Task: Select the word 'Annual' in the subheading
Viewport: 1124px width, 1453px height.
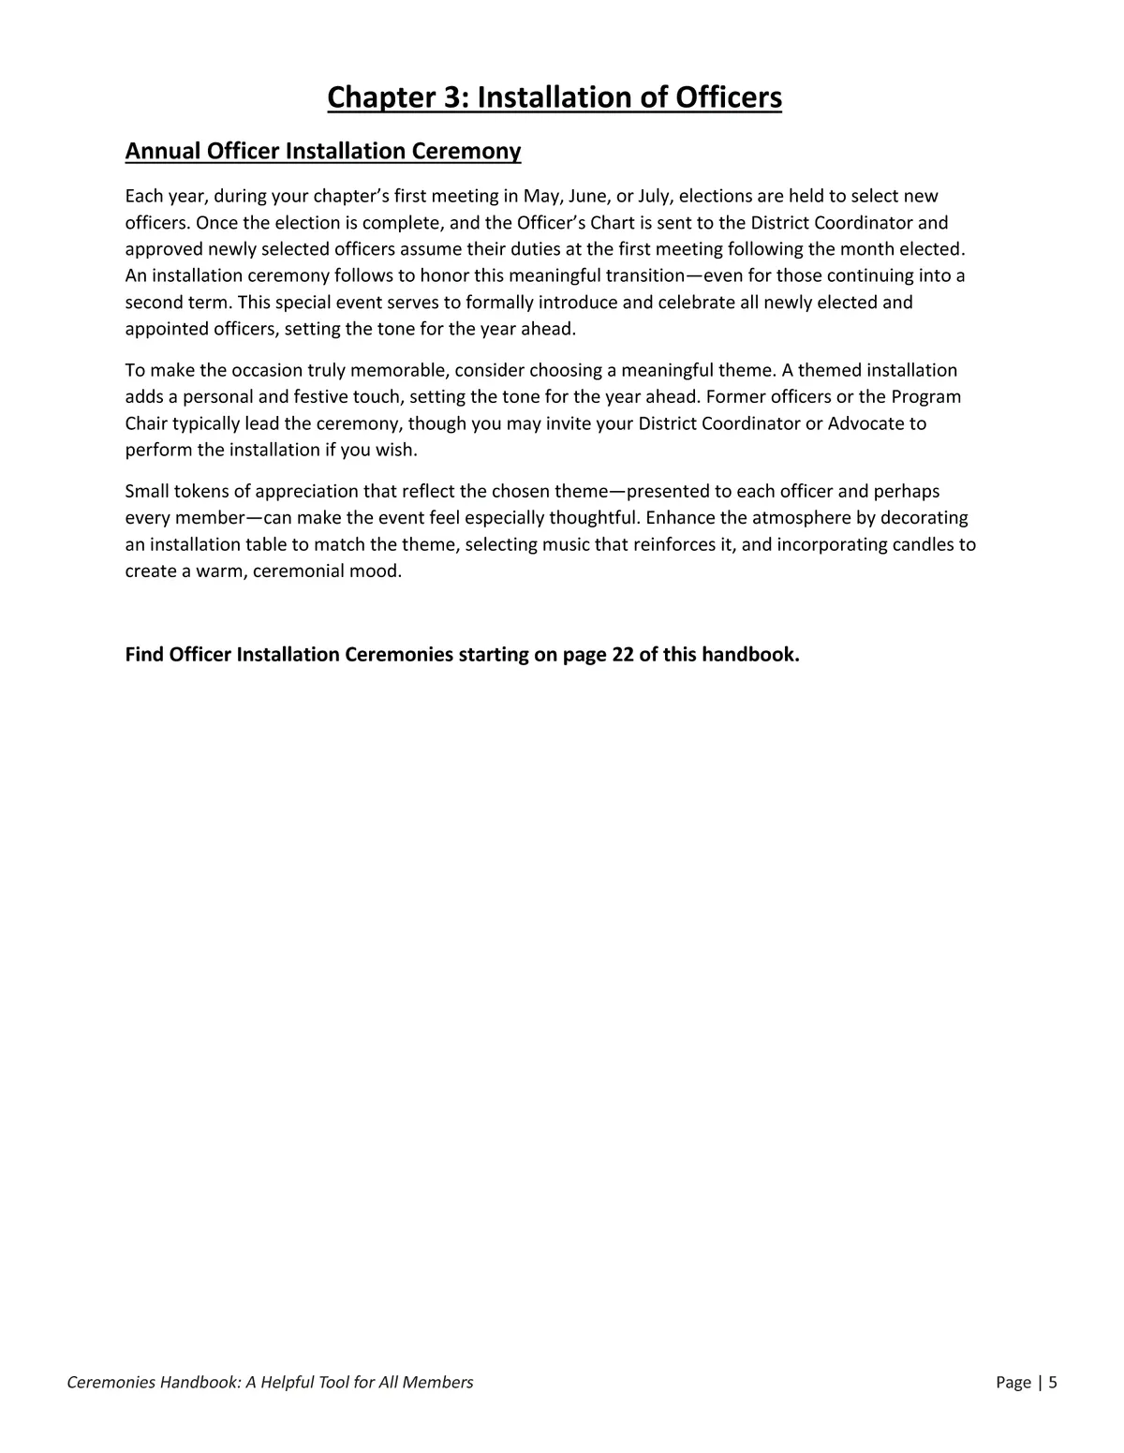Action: click(x=163, y=152)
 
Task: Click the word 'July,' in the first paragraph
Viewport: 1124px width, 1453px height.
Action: click(x=656, y=197)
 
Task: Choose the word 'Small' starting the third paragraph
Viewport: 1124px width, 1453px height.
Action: click(x=147, y=491)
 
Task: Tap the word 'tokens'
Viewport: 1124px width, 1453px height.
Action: click(x=197, y=491)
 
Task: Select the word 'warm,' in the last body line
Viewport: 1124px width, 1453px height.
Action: click(x=221, y=571)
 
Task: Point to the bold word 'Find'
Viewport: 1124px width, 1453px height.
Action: click(x=144, y=654)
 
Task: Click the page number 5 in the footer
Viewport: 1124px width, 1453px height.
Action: click(x=1052, y=1382)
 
